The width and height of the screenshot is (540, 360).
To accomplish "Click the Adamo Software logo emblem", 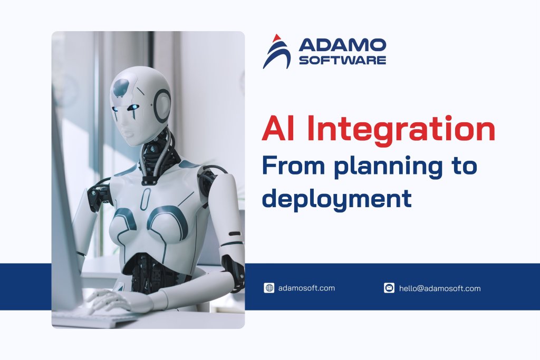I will [276, 52].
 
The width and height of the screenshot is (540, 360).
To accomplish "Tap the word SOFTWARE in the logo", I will [342, 61].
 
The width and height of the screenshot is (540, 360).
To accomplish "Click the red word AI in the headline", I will [278, 130].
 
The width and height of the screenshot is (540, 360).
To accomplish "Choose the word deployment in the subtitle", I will [336, 198].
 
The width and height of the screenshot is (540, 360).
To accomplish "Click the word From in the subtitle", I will [290, 166].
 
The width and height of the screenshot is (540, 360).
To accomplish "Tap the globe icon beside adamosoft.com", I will [269, 288].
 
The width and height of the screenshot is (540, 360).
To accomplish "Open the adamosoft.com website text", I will [306, 288].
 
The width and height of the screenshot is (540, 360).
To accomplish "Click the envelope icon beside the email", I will [389, 288].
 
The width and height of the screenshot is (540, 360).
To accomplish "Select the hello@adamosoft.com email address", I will [440, 288].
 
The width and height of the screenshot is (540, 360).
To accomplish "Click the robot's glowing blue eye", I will [136, 108].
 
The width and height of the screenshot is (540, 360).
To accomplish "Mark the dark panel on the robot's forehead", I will [122, 86].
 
